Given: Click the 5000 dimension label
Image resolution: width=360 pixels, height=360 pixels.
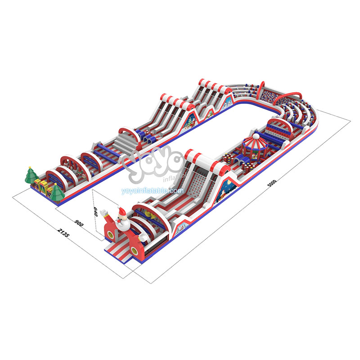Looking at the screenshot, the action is pyautogui.click(x=272, y=183).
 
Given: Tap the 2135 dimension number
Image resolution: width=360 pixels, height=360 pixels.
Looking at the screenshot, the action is pyautogui.click(x=63, y=232).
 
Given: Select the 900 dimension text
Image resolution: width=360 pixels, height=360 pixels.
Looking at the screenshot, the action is pyautogui.click(x=79, y=223).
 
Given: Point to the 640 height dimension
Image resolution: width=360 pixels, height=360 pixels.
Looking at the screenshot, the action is pyautogui.click(x=95, y=211).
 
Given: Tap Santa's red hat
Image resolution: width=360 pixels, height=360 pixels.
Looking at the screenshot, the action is pyautogui.click(x=121, y=211).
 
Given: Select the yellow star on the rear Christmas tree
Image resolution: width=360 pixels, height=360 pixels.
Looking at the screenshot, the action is pyautogui.click(x=30, y=167).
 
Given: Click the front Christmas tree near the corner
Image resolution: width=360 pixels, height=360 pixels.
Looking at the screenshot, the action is pyautogui.click(x=57, y=193).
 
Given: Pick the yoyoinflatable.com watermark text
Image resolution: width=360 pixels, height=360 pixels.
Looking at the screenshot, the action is pyautogui.click(x=153, y=191).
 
